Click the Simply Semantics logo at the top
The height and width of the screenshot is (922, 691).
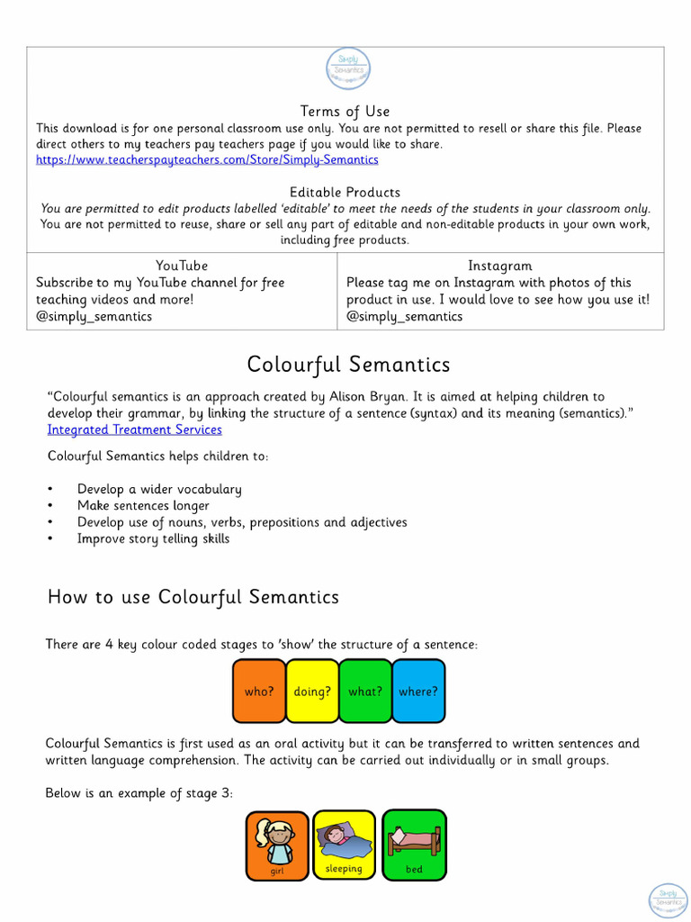pos(347,69)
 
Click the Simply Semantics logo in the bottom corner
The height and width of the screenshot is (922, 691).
pos(668,900)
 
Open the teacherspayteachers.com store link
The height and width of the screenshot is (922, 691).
pos(207,159)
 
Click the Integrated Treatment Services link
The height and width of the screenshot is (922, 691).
pos(135,429)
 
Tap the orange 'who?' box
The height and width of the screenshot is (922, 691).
pos(259,691)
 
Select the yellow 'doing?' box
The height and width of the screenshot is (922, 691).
pos(312,691)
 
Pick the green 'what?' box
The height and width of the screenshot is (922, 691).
pos(365,691)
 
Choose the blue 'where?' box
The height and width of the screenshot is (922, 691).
pos(418,691)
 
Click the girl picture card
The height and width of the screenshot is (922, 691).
pos(277,845)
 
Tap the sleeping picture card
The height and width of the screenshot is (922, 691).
pos(345,845)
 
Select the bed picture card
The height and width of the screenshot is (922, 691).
pos(414,845)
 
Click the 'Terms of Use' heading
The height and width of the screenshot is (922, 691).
pos(345,112)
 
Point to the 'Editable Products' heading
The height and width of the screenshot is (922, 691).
pos(345,193)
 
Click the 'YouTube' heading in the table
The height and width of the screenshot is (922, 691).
pos(182,266)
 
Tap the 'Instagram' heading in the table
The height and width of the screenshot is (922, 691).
pos(500,266)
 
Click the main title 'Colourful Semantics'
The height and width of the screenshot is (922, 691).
pos(348,365)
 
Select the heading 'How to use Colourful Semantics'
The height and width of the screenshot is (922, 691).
pos(193,597)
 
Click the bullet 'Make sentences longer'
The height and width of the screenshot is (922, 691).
pos(143,506)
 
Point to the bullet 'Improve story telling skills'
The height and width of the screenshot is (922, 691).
pos(153,539)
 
